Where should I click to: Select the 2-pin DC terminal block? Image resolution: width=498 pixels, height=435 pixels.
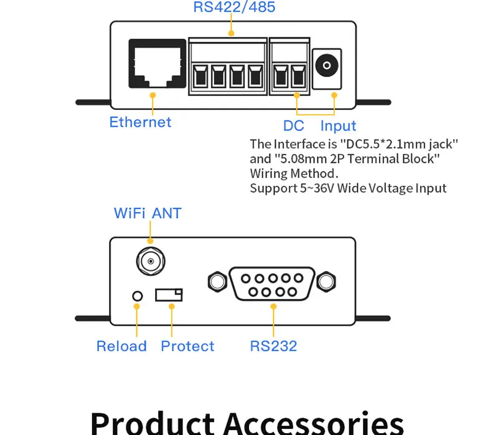[x=289, y=67]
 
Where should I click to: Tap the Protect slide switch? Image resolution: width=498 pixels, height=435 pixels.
[x=169, y=295]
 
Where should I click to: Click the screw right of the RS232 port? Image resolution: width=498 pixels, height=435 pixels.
[x=325, y=282]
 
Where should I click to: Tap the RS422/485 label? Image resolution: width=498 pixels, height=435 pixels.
[x=234, y=7]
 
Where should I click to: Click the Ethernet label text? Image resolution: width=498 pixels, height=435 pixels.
[x=140, y=122]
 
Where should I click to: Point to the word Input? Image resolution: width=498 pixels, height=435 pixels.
[x=338, y=126]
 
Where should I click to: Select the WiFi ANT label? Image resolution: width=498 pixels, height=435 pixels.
[x=148, y=214]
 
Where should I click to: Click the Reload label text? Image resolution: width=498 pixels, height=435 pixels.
[x=121, y=346]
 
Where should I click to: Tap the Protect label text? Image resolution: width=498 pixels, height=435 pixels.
[x=187, y=346]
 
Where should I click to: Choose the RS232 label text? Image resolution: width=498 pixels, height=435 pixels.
[x=273, y=346]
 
